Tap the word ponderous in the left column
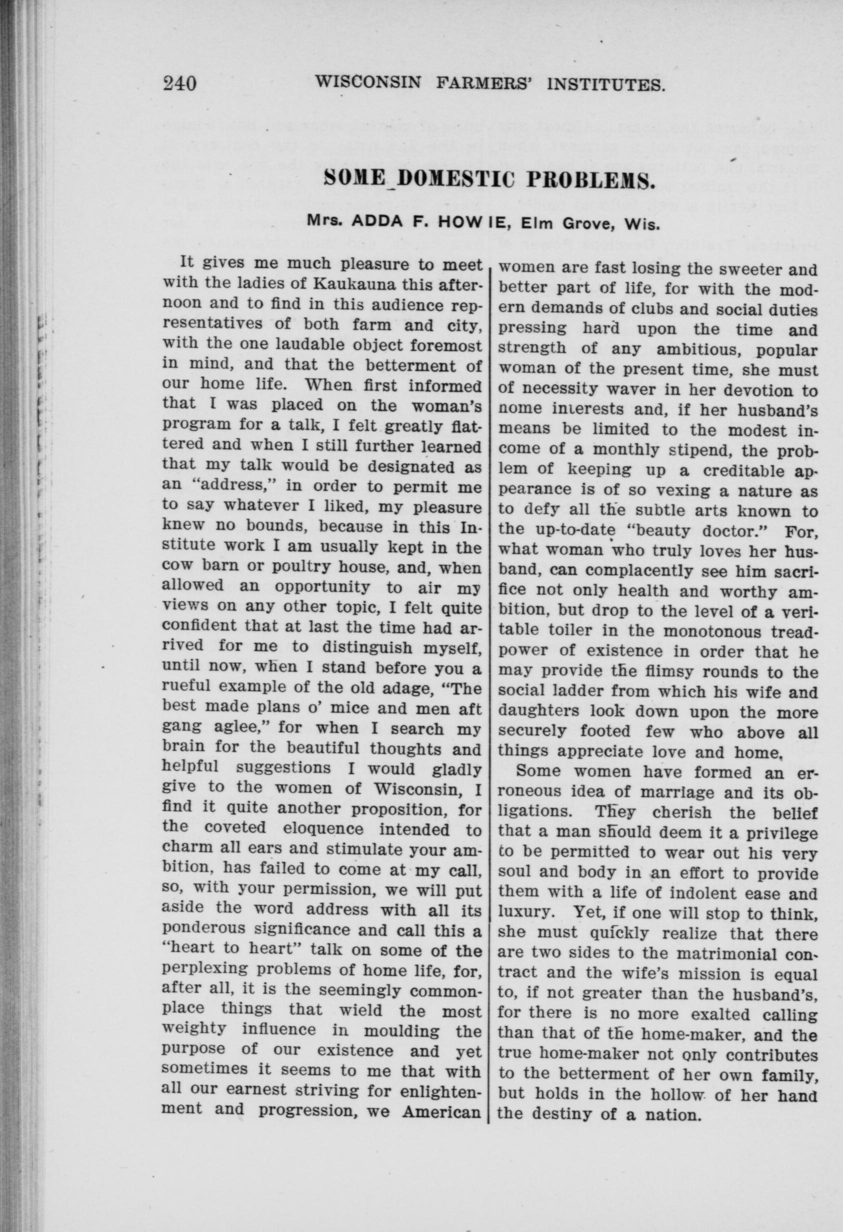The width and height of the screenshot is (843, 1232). [x=203, y=929]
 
